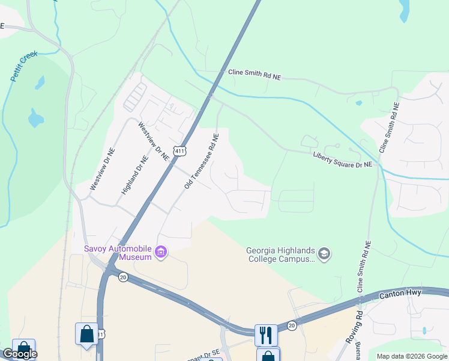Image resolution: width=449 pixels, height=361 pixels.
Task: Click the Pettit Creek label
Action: point(24,66)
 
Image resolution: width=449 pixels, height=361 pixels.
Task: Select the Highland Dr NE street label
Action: point(134,176)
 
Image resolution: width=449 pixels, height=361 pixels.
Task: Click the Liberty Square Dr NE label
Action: point(342,159)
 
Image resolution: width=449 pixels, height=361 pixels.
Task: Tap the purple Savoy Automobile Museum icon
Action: point(161,251)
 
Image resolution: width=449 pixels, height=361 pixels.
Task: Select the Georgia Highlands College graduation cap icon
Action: point(324,254)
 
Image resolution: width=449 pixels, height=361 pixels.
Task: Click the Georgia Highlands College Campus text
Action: point(280,255)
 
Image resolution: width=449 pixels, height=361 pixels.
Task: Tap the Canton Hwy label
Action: point(401,294)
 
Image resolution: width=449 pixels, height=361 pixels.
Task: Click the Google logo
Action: point(19,354)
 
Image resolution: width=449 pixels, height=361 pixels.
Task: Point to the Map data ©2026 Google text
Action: point(412,356)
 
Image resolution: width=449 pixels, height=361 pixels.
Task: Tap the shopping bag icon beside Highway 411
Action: point(86,334)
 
